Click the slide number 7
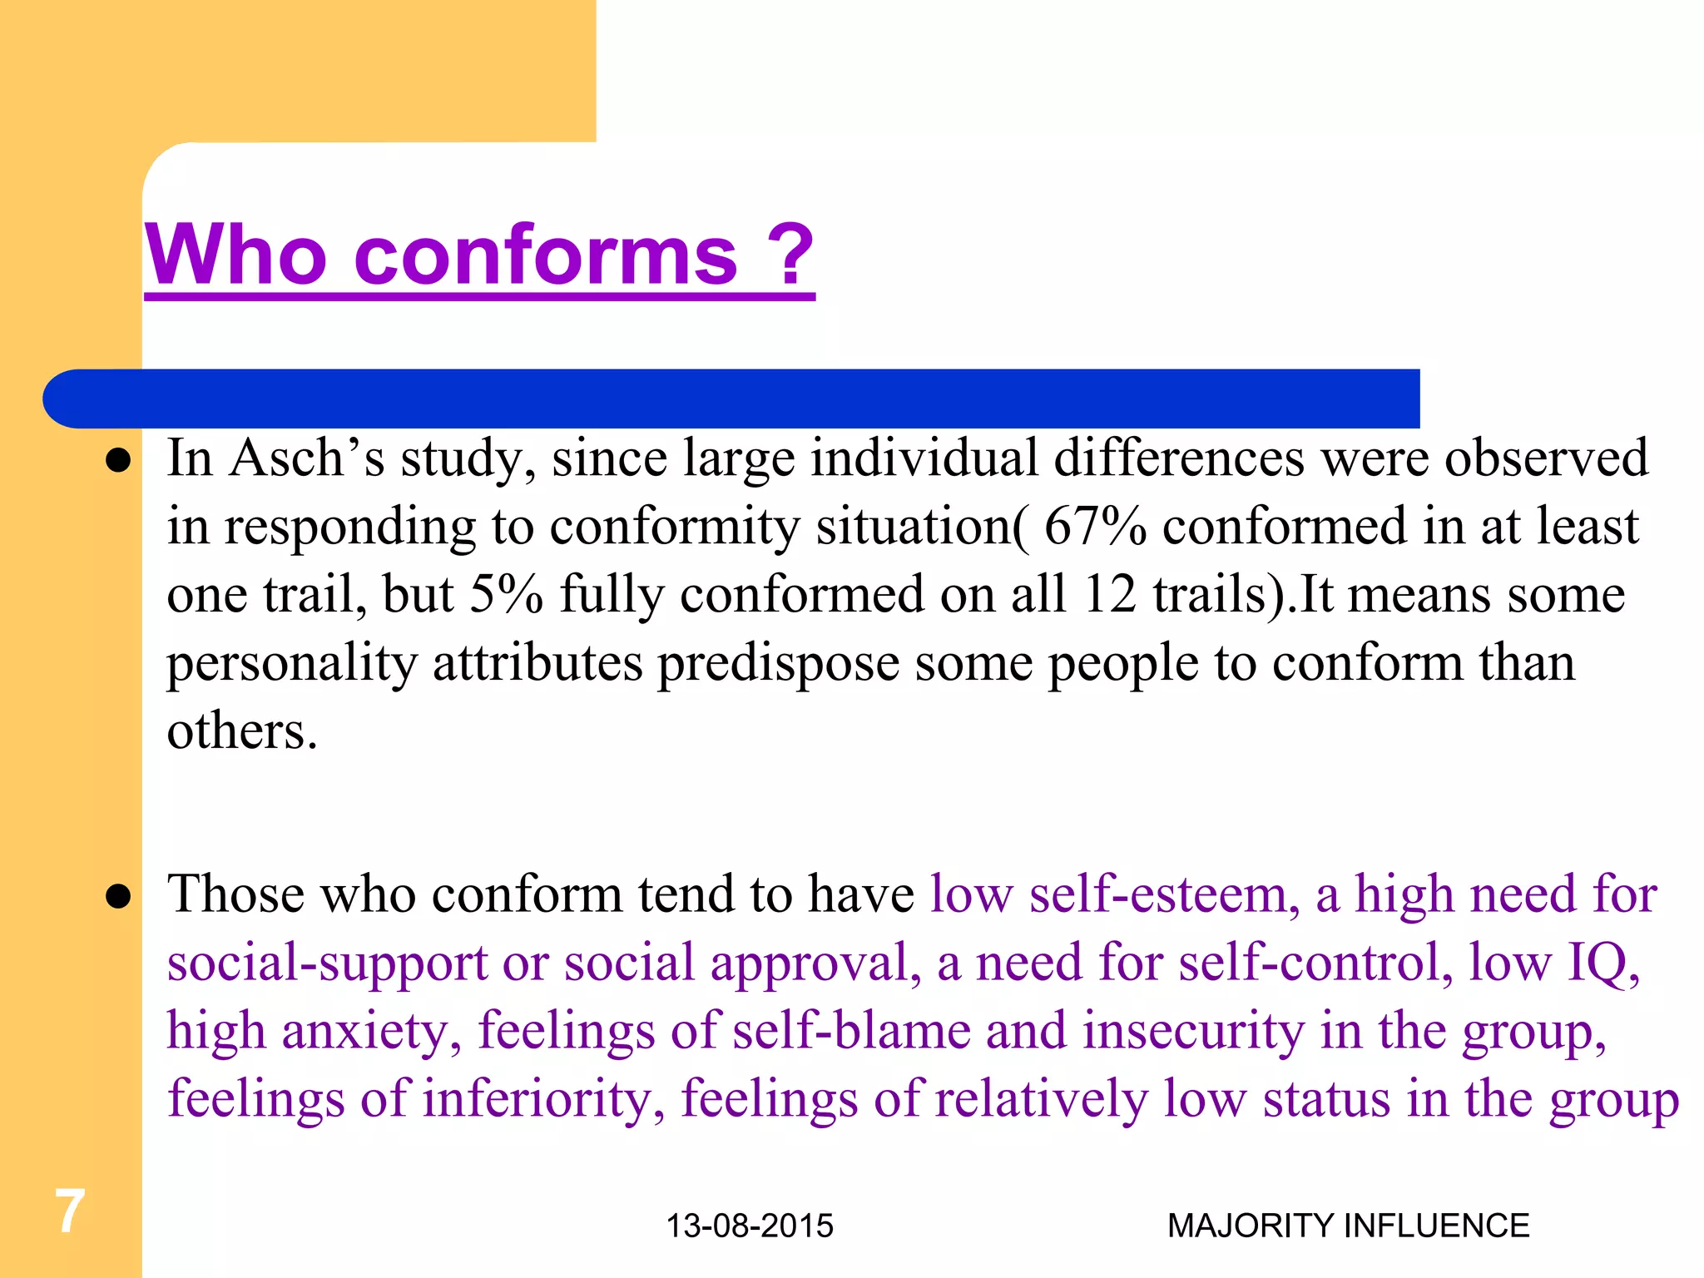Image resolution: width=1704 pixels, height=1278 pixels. (70, 1211)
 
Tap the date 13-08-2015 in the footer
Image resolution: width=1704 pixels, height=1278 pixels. (750, 1226)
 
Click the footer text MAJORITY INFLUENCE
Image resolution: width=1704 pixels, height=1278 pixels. (1348, 1226)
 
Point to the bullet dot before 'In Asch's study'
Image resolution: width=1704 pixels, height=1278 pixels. (119, 460)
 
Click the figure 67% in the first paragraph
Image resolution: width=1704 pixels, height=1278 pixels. (1094, 527)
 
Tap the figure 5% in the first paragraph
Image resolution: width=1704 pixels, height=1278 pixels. (506, 595)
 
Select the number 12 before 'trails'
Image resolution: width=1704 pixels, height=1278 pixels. (1109, 595)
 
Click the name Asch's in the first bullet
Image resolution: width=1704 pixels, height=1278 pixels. (307, 458)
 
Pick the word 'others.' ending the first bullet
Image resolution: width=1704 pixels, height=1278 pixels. (242, 731)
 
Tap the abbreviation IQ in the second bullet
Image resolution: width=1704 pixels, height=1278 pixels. (1602, 963)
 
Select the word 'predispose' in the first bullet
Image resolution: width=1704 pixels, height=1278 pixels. (779, 664)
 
